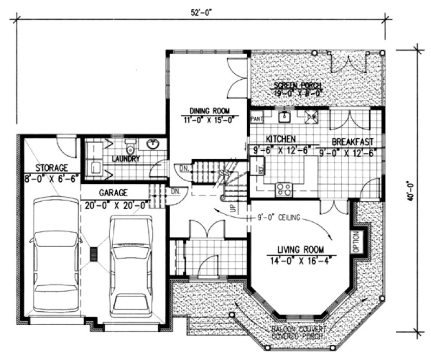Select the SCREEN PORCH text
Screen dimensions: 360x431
pyautogui.click(x=298, y=86)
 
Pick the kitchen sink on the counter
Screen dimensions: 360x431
pyautogui.click(x=284, y=116)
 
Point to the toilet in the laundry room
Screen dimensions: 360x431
pyautogui.click(x=130, y=147)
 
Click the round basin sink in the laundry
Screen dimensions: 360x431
pyautogui.click(x=152, y=144)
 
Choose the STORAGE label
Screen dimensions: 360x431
pyautogui.click(x=52, y=168)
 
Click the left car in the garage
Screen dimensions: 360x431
pyautogui.click(x=54, y=254)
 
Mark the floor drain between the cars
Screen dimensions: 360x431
pyautogui.click(x=94, y=255)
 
